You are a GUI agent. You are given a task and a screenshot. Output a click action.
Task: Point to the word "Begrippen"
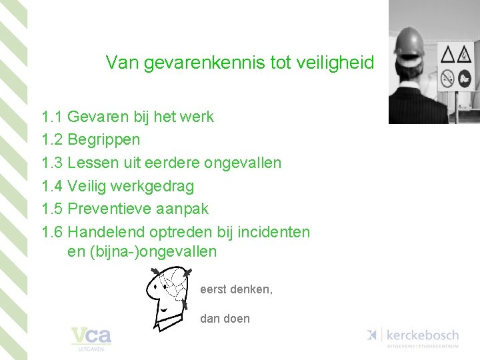point(104,141)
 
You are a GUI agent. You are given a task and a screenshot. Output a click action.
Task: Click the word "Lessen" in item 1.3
point(92,163)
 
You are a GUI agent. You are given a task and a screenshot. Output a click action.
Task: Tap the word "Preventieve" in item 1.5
point(111,209)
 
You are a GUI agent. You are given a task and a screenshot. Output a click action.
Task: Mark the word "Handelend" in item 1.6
point(106,232)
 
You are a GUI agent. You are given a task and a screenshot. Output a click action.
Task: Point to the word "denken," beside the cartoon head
point(251,290)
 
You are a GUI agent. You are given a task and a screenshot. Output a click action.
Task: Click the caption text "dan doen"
point(225,319)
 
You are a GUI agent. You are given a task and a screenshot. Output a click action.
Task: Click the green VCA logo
point(91,337)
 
